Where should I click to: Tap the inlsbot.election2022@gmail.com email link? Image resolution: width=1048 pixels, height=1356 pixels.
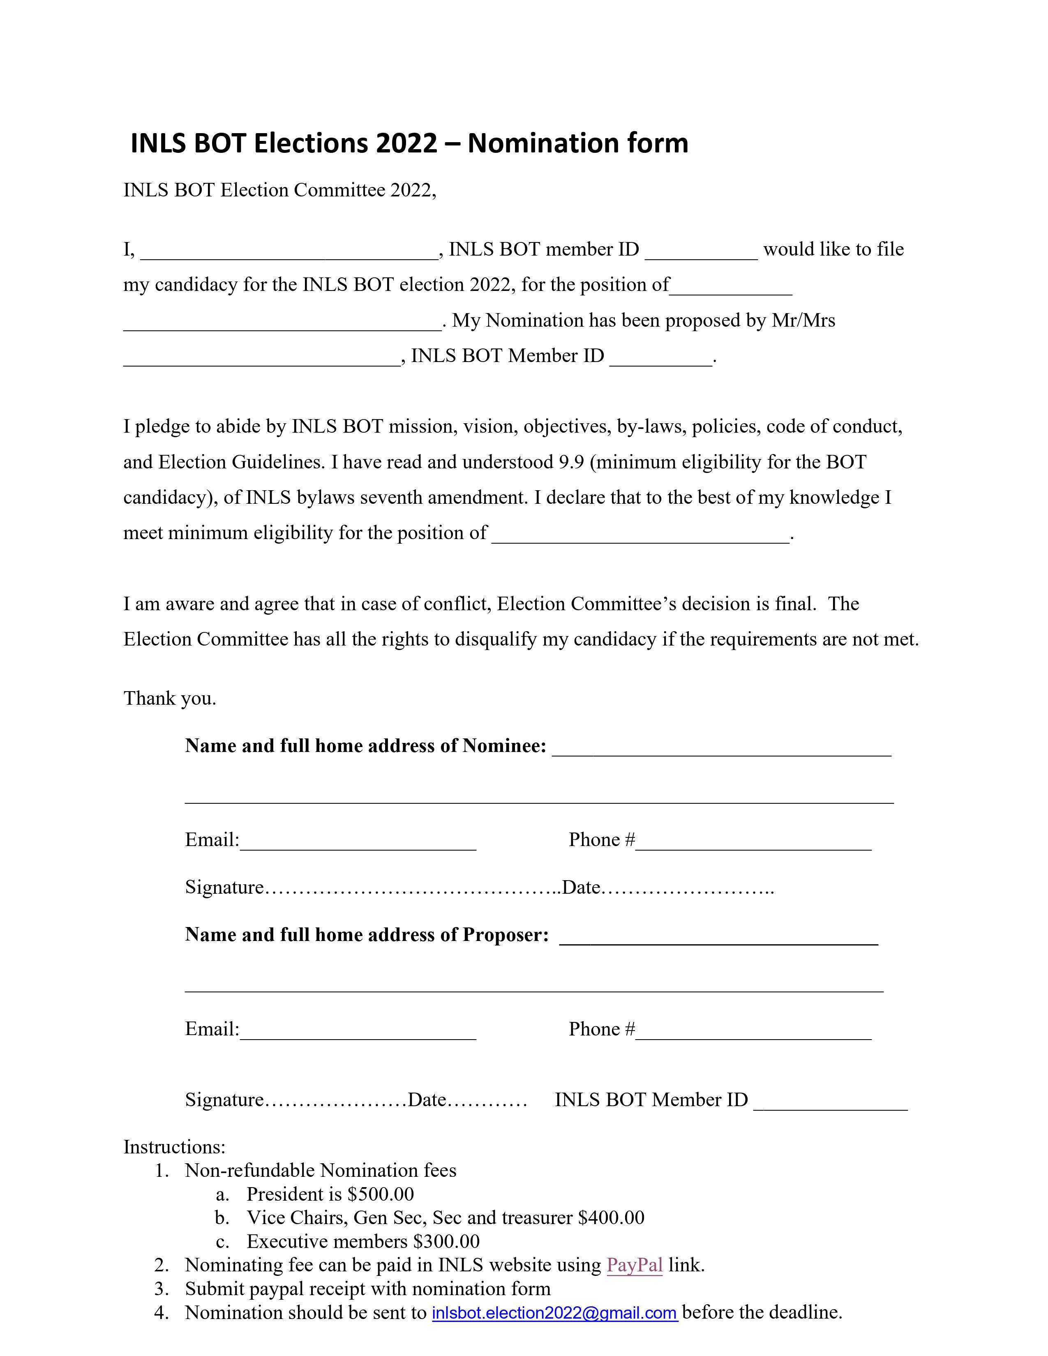coord(554,1312)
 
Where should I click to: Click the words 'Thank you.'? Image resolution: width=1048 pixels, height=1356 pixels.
coord(169,699)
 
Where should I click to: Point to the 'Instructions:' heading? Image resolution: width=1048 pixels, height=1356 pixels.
coord(174,1147)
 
